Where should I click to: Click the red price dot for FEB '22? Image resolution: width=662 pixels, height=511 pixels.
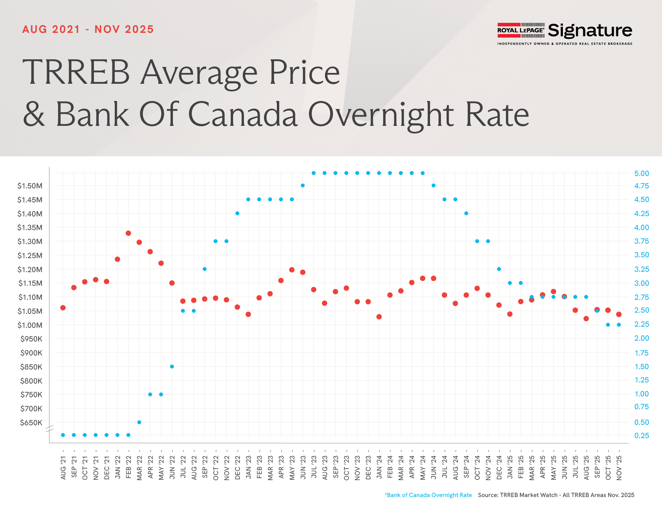[128, 233]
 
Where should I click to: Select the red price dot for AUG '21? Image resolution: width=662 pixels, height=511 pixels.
[63, 308]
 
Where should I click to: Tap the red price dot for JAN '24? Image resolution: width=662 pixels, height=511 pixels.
[379, 317]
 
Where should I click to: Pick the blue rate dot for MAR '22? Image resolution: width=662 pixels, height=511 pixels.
[139, 422]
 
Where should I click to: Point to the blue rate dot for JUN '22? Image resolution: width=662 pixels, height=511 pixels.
[172, 366]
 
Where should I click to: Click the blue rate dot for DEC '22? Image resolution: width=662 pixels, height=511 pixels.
[238, 213]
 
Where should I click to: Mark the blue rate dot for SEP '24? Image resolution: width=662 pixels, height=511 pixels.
[466, 213]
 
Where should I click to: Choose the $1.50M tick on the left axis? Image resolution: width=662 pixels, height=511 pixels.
[30, 186]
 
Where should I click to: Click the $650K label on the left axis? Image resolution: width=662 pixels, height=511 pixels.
[31, 422]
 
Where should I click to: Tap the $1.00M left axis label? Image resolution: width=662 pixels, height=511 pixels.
[30, 325]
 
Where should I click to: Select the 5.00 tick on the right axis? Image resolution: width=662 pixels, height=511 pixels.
[642, 174]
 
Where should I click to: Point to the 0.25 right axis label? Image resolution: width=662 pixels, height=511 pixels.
[642, 436]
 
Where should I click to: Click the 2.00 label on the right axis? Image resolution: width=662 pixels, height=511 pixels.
[642, 338]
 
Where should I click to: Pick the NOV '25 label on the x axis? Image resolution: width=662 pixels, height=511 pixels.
[619, 468]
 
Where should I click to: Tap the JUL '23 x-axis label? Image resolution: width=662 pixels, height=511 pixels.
[314, 468]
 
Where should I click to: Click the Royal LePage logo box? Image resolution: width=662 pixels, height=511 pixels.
[521, 30]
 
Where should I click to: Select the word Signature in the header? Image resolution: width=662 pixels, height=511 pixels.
[590, 31]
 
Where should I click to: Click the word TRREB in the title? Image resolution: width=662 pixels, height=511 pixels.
[76, 73]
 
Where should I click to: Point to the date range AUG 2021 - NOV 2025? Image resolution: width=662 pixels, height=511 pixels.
[88, 29]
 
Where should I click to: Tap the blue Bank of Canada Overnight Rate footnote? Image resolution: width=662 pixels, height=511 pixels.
[428, 495]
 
